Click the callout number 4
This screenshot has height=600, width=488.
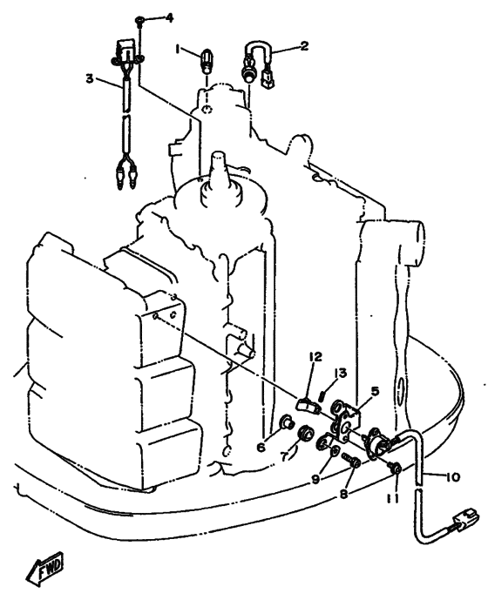click(169, 17)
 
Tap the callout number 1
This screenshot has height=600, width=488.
click(178, 49)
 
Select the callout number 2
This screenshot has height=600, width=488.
click(304, 46)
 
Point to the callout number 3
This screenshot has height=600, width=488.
click(90, 79)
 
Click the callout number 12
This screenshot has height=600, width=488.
click(316, 357)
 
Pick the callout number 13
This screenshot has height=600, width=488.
click(340, 373)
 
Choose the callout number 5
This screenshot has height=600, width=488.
click(375, 391)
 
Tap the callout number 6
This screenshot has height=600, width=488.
click(261, 447)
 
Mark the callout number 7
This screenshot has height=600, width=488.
click(284, 456)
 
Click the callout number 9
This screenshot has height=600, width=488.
click(315, 479)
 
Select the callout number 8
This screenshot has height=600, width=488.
click(343, 494)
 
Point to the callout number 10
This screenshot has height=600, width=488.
click(453, 477)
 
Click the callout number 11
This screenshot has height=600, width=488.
click(392, 498)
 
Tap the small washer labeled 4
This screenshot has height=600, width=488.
click(139, 22)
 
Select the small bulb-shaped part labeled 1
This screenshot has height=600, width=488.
click(207, 63)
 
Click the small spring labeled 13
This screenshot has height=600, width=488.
click(322, 395)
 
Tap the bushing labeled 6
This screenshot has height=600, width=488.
click(288, 422)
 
